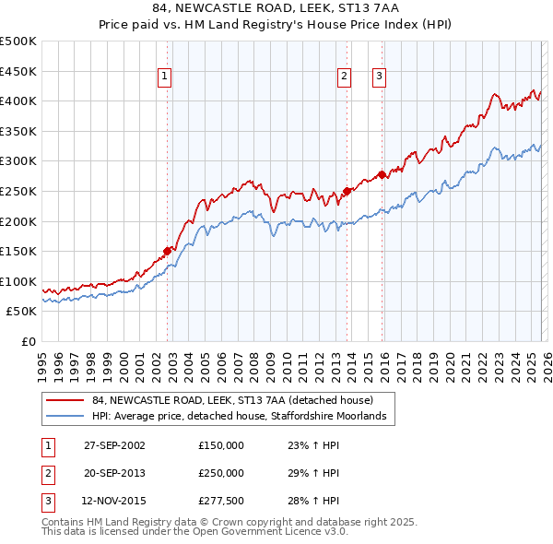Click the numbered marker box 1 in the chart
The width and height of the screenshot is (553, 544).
click(163, 77)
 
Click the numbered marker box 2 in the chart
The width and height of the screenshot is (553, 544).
click(344, 77)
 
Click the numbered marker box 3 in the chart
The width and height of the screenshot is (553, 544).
click(379, 77)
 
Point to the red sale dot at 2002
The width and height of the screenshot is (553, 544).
click(168, 251)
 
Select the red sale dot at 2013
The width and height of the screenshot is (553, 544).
click(347, 191)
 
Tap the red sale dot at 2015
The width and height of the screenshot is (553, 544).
click(382, 174)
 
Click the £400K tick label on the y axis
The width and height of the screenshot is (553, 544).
click(18, 101)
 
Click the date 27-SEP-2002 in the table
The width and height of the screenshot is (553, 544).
click(114, 445)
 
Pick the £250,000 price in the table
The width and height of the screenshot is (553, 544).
click(221, 473)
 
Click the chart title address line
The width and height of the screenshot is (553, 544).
click(276, 9)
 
